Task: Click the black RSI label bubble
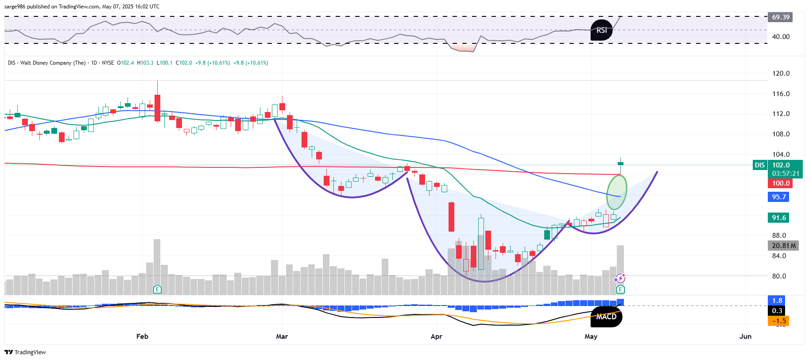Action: pos(601,30)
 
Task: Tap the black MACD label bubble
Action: pos(606,317)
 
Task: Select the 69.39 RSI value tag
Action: pos(780,17)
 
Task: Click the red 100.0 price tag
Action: pos(780,183)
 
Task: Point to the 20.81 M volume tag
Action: pos(783,246)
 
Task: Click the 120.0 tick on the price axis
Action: pos(781,74)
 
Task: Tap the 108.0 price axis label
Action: pos(781,134)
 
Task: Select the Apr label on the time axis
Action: pos(436,337)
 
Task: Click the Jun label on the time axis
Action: pos(745,337)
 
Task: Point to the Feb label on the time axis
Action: pos(142,337)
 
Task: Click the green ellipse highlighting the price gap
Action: pos(616,192)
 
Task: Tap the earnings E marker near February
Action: pos(157,290)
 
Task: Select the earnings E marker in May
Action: pos(620,290)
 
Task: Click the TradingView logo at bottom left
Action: pos(25,352)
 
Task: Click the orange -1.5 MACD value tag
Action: pos(779,321)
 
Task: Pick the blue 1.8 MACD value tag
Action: pos(777,301)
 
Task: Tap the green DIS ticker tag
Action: pos(760,165)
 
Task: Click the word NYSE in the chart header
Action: pos(108,63)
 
